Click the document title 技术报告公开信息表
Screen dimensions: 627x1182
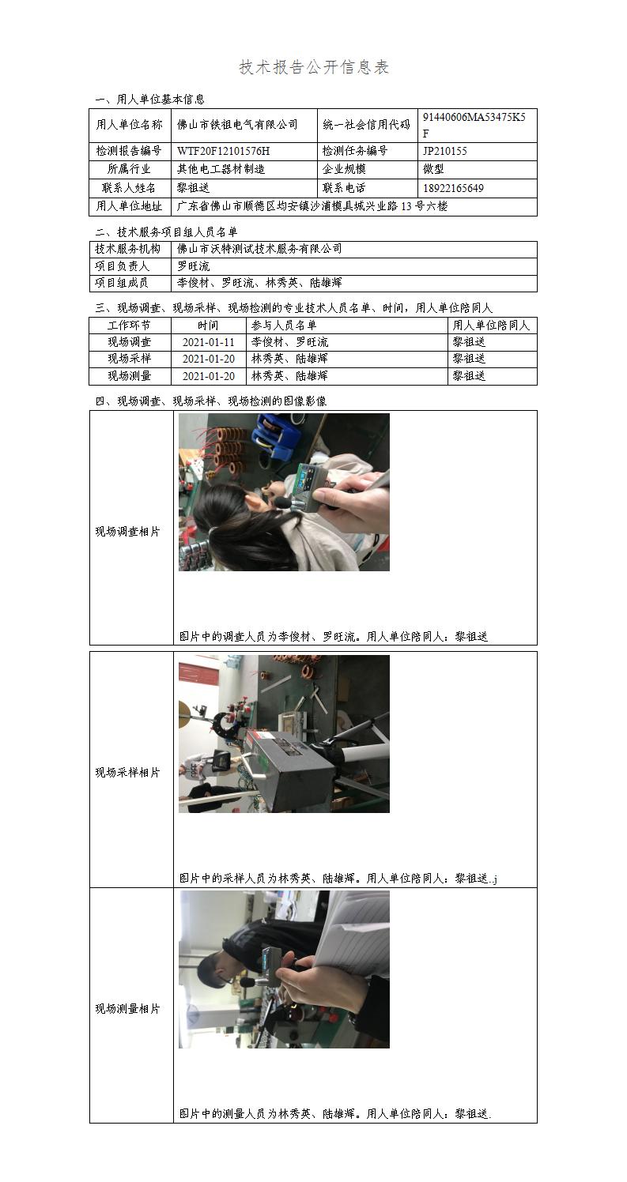point(314,67)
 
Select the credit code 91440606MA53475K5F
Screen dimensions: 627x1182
point(474,125)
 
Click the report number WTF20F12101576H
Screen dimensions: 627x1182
point(224,151)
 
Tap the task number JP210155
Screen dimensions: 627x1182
point(445,151)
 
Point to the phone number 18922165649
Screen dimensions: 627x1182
point(453,188)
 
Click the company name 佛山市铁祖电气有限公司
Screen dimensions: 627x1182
point(237,125)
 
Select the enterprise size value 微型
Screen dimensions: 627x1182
point(433,169)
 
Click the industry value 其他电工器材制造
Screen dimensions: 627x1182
point(221,169)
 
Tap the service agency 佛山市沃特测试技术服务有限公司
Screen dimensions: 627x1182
point(259,249)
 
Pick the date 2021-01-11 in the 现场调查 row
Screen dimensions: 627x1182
point(208,342)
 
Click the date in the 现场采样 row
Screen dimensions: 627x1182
point(208,359)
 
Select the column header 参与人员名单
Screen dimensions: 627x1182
point(284,325)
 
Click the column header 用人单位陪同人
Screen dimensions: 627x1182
point(491,325)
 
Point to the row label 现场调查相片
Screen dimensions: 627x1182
point(127,532)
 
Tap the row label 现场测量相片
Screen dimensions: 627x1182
point(127,1008)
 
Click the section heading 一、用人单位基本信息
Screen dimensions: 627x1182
point(149,100)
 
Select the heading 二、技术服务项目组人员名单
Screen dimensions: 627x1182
point(166,232)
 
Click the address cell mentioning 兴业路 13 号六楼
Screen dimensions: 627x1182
point(312,206)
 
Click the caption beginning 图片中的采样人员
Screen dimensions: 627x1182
point(338,878)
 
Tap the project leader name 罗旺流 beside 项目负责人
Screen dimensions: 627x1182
point(194,266)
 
